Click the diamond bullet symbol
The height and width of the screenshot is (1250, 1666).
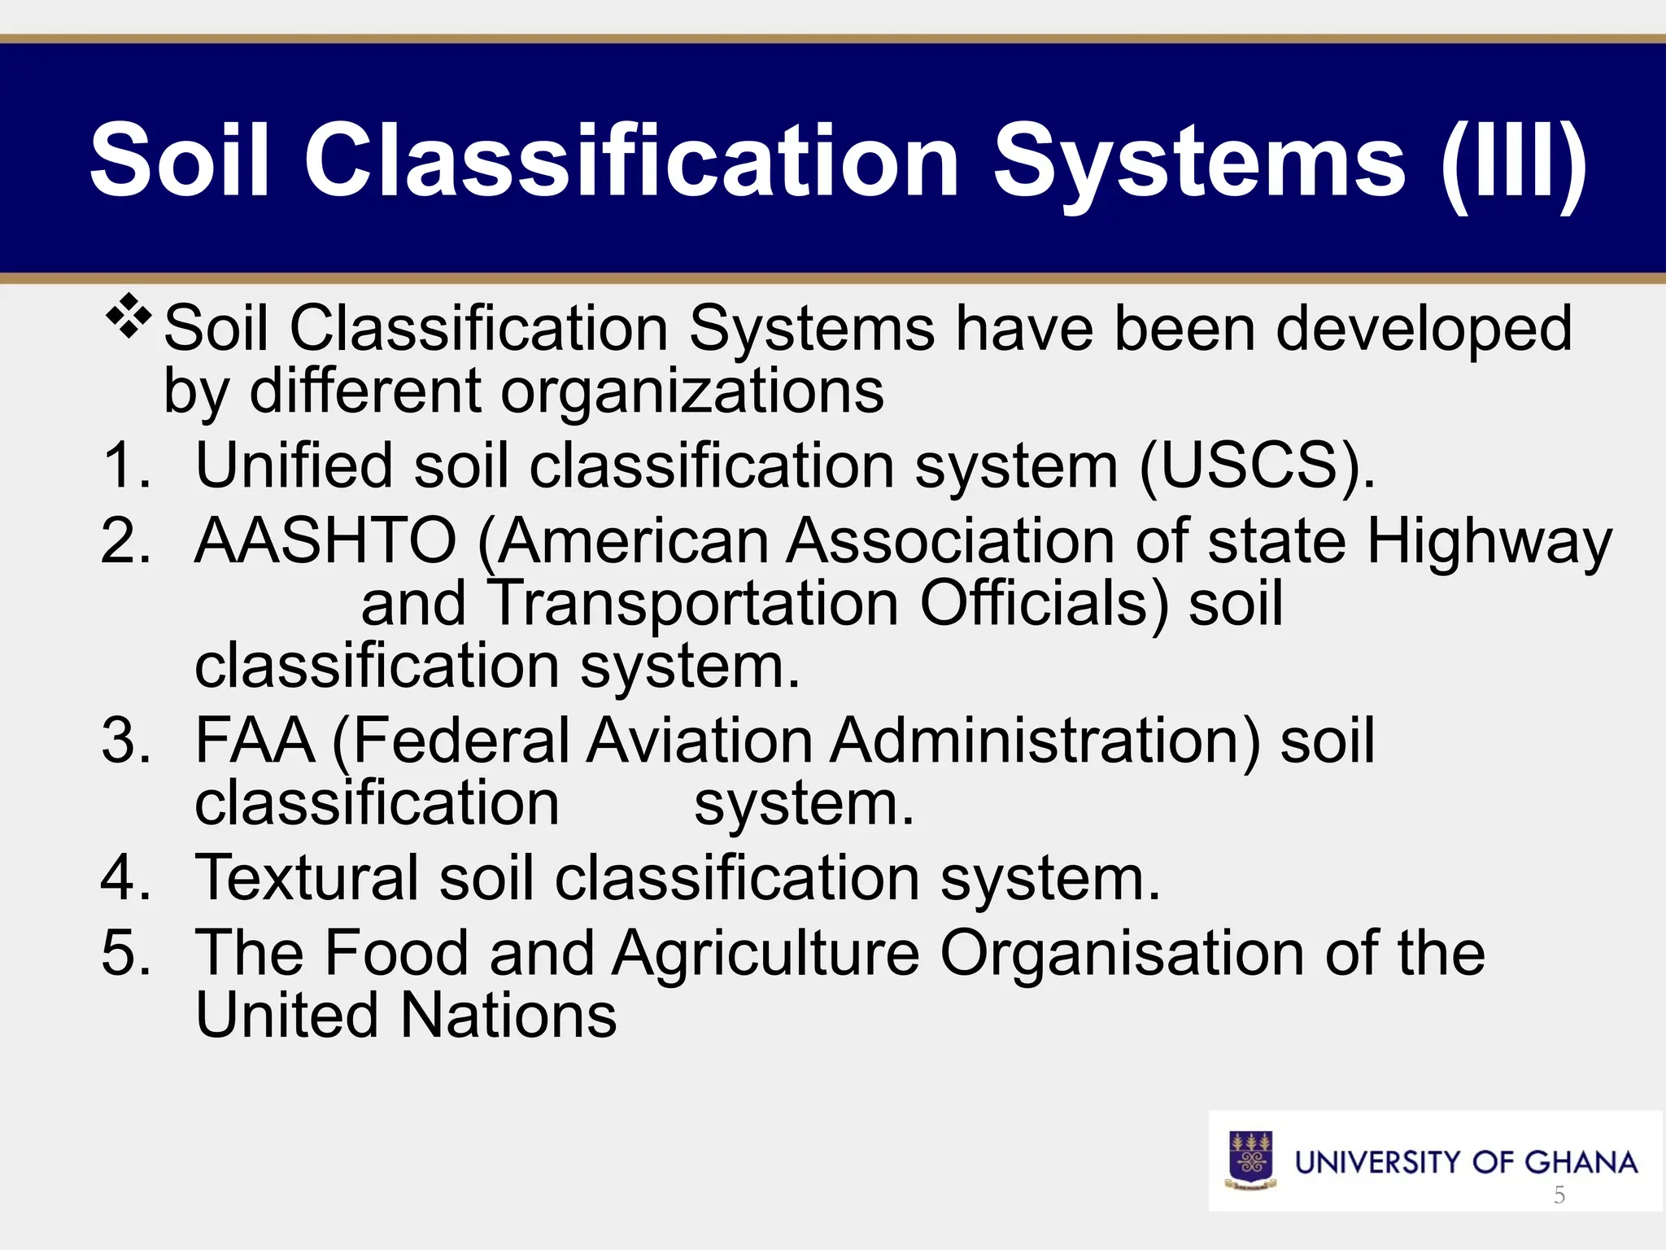(129, 320)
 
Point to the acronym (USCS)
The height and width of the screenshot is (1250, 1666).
(1258, 466)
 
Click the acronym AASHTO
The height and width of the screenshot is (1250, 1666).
(326, 541)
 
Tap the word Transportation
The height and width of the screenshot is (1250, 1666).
(696, 604)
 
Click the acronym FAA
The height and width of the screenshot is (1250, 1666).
(255, 741)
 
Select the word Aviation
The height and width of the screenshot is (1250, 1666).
(699, 741)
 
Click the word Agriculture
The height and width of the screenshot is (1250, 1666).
(765, 954)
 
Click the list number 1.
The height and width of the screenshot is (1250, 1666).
(126, 466)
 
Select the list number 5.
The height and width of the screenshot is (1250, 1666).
(126, 954)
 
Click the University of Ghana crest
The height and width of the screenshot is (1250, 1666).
(1251, 1160)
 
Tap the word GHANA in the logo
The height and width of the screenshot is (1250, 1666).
(1581, 1162)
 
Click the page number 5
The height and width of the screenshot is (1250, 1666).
(1559, 1195)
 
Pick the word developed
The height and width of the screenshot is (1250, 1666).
(1424, 329)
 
